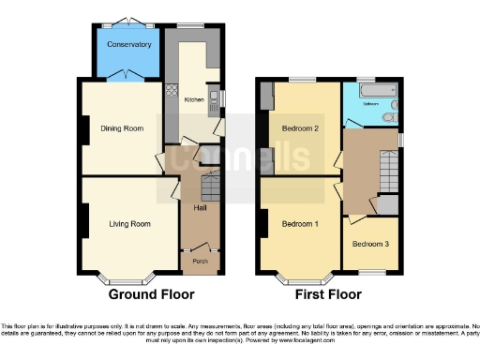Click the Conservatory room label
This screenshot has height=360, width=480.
[128, 45]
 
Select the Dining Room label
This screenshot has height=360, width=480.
[122, 128]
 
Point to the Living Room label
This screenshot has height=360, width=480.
[129, 224]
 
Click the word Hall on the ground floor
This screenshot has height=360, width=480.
[200, 207]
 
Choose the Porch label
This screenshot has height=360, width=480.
[200, 261]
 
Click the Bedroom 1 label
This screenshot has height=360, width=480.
[300, 223]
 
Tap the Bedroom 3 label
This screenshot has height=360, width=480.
[369, 244]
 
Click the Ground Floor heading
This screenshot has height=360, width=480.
[151, 294]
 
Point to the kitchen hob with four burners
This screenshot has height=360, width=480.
[172, 92]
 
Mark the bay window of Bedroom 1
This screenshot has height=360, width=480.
[300, 277]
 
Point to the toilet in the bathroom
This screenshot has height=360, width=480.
[388, 116]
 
